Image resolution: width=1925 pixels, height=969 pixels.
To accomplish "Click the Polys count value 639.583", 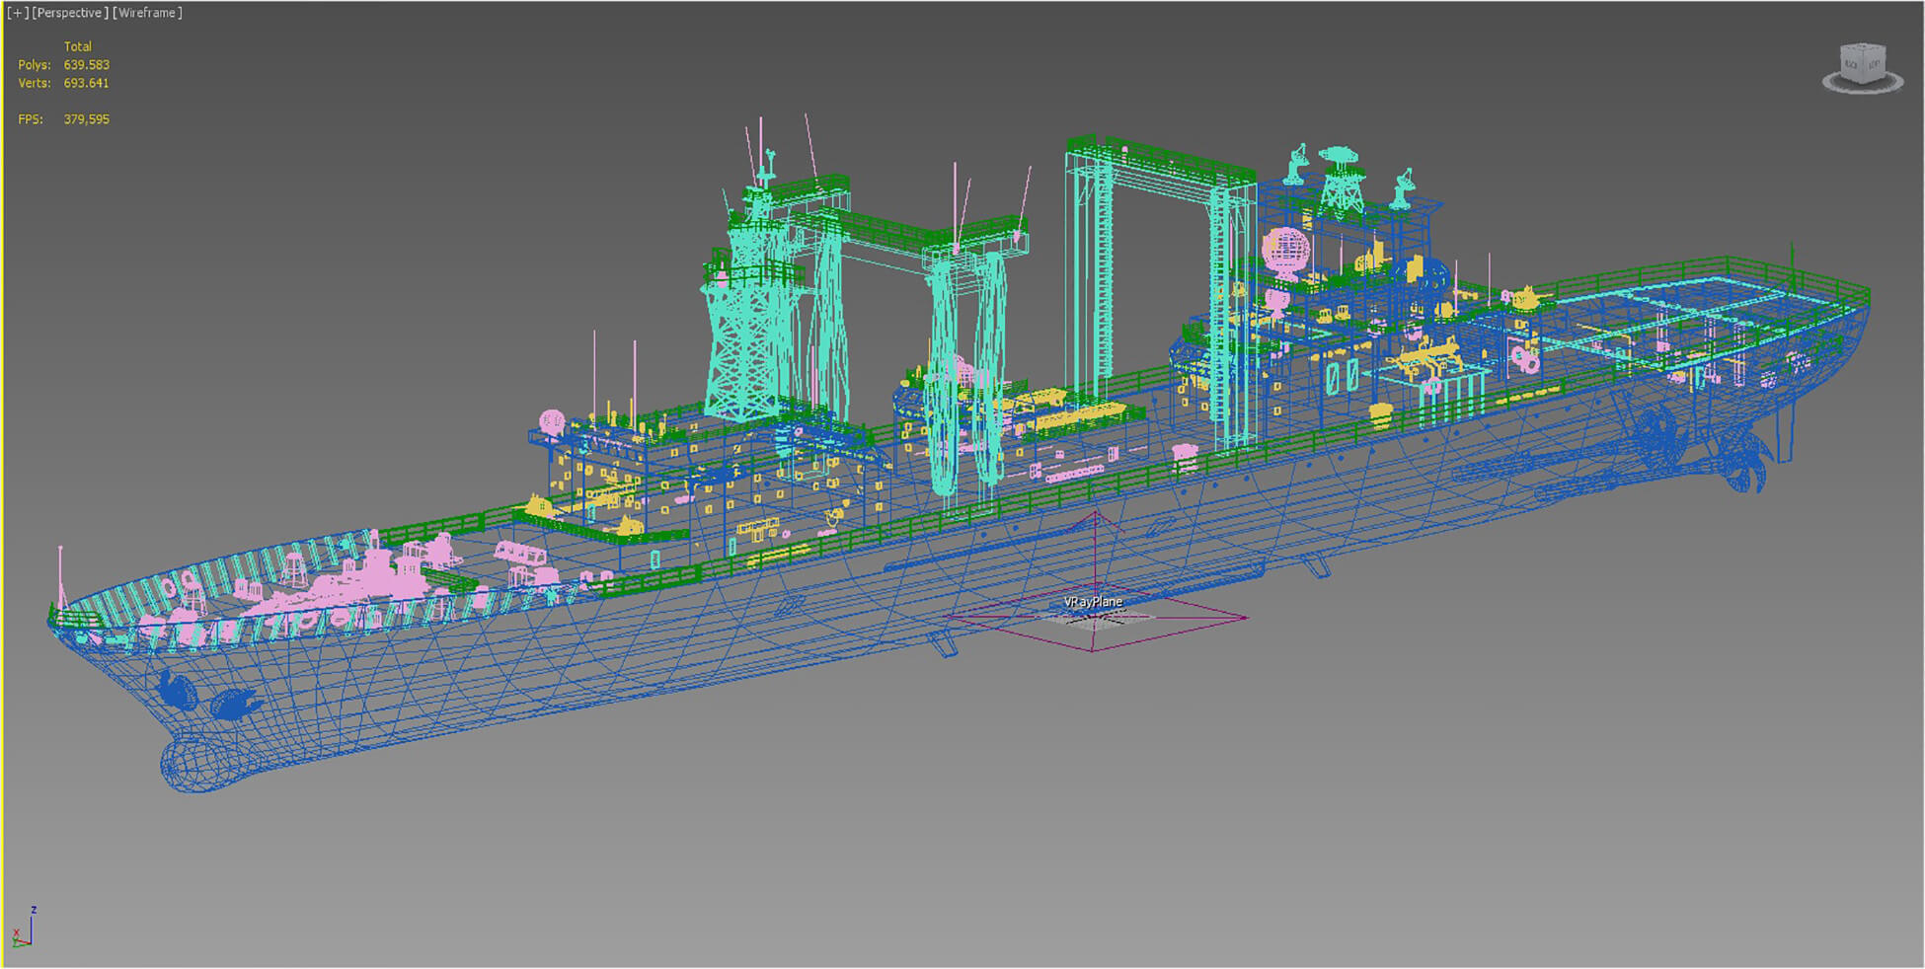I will point(87,65).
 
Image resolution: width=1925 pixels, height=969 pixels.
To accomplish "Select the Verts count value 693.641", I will point(87,84).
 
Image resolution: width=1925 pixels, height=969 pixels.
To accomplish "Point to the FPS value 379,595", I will point(87,119).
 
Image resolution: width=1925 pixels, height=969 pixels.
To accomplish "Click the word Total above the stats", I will point(78,46).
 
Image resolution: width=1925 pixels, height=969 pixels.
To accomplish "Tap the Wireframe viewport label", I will point(147,13).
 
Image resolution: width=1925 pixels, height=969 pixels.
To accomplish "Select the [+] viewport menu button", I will point(18,13).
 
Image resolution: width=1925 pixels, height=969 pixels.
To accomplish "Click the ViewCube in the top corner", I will point(1862,67).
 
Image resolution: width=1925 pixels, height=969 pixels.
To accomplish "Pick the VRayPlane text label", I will point(1093,602).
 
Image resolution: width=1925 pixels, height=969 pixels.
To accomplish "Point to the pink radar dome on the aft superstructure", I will point(1285,249).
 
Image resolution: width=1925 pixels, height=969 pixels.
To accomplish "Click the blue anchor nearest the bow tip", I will point(178,691).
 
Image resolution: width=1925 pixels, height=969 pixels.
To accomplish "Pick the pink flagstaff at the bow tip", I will point(61,577).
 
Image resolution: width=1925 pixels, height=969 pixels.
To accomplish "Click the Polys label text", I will point(35,65).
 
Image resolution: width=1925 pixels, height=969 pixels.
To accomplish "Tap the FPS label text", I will point(31,119).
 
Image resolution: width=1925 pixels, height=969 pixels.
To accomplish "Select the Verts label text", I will point(35,84).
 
